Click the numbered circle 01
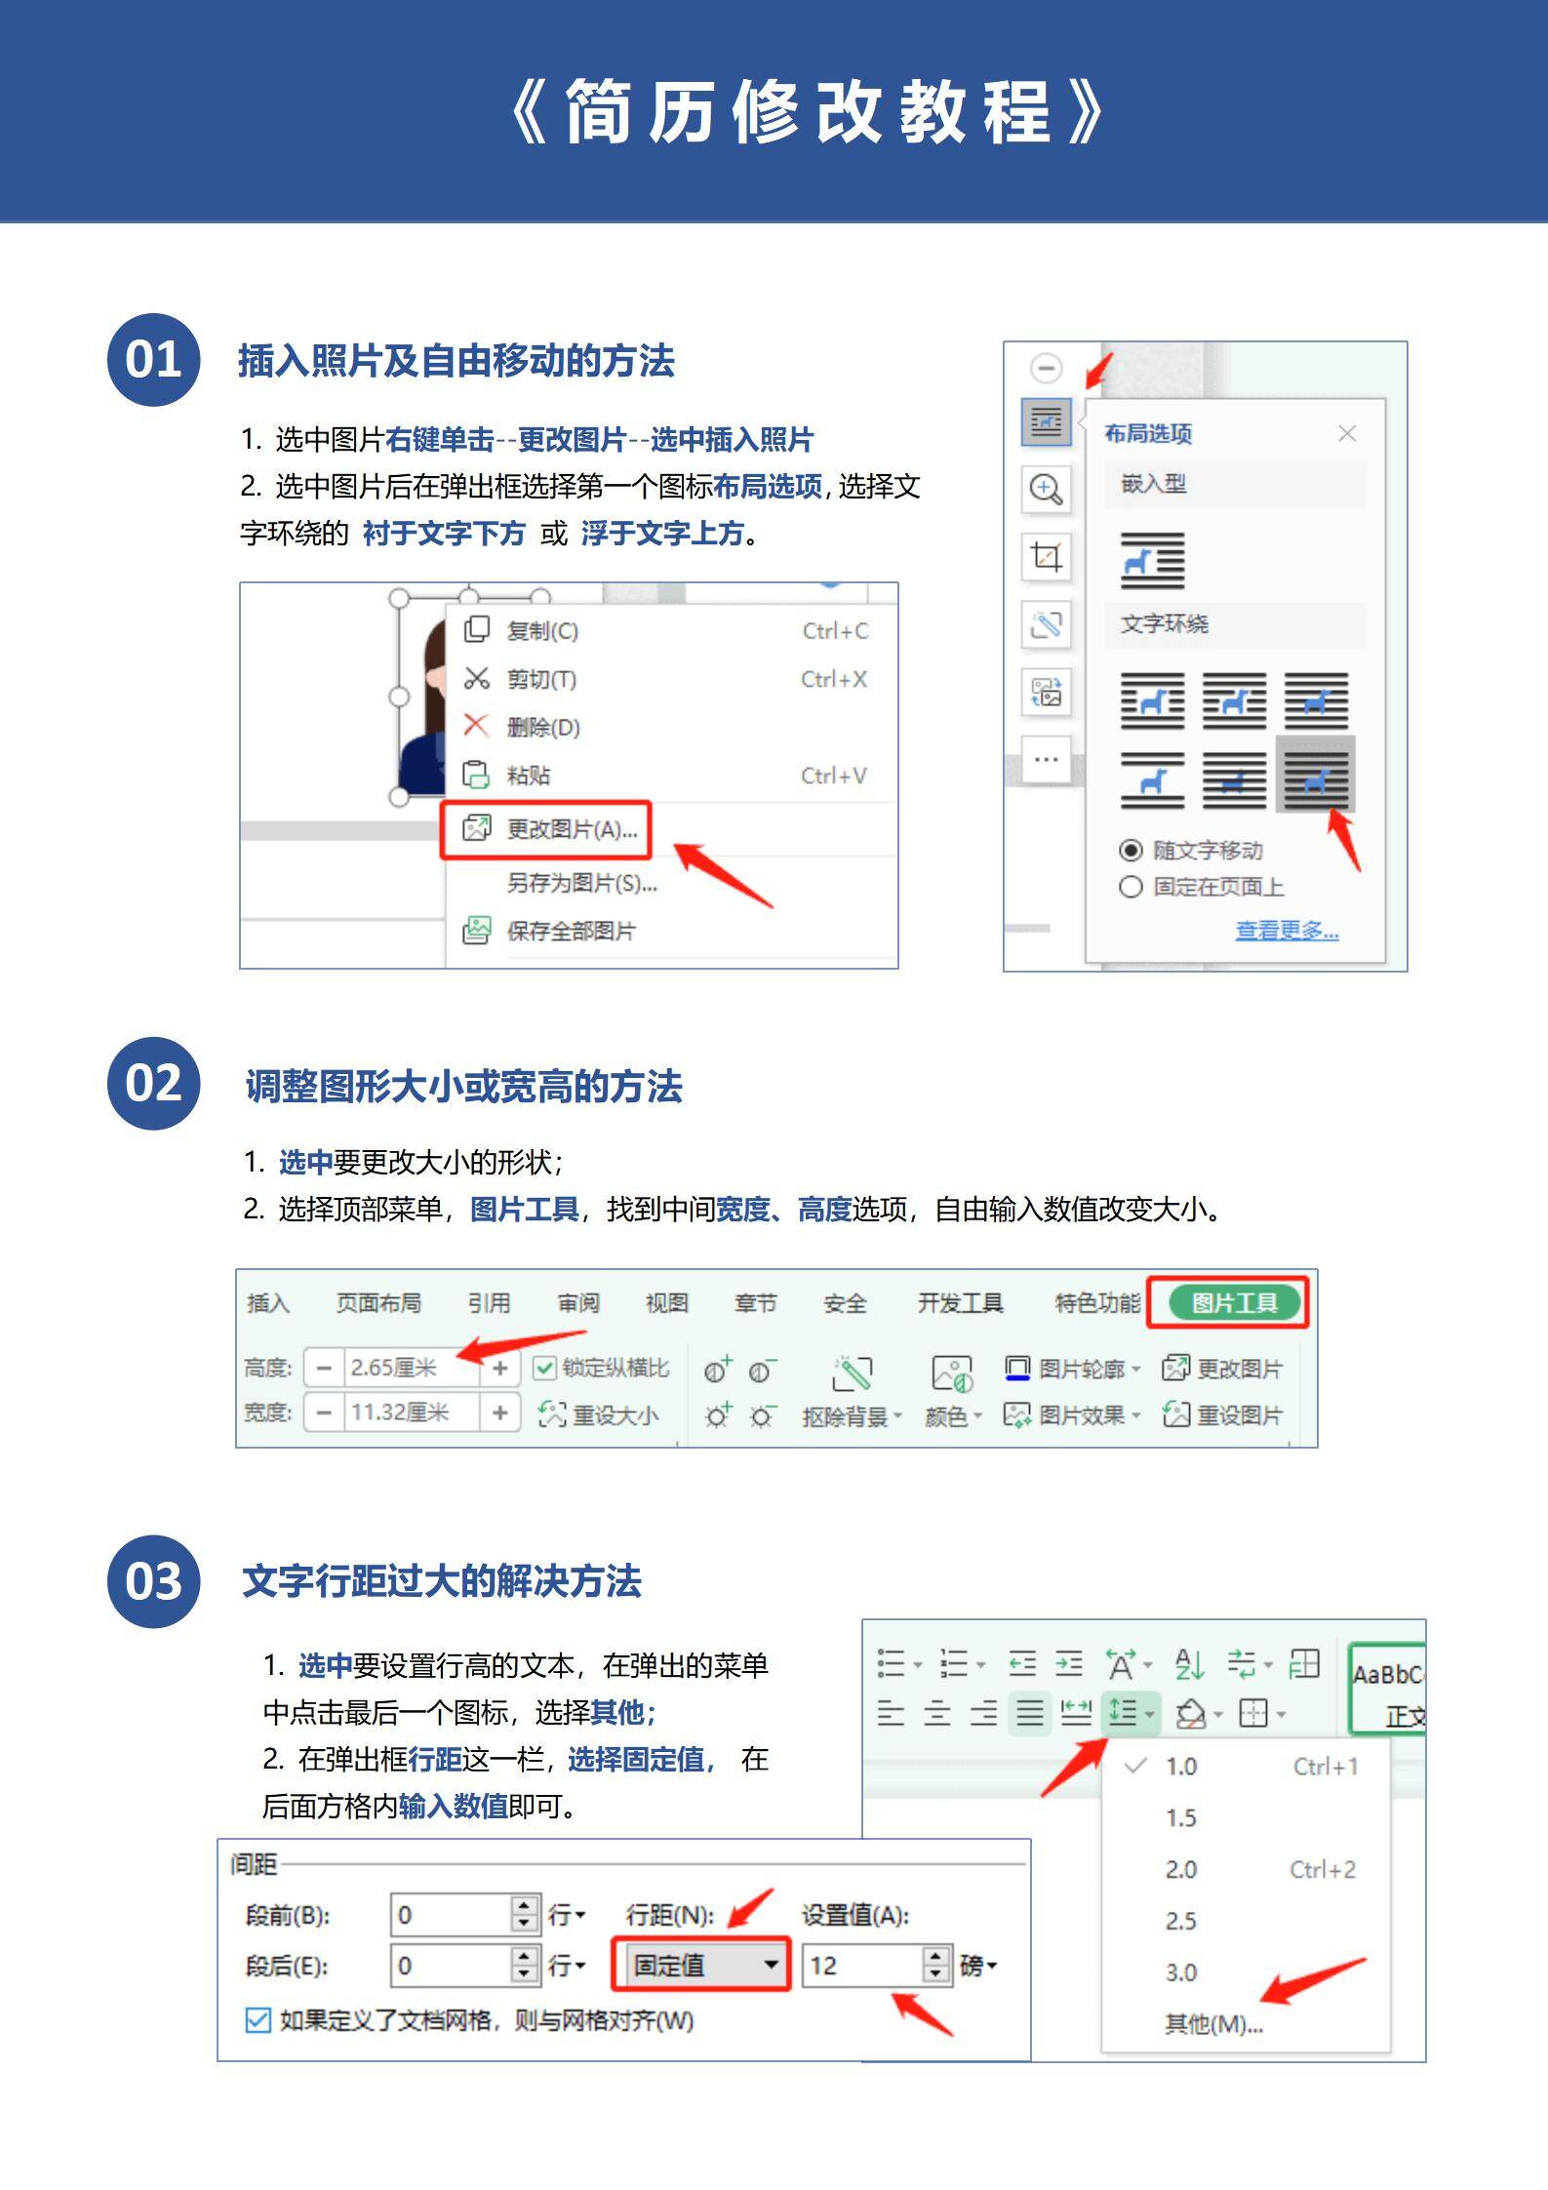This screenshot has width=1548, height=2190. pyautogui.click(x=153, y=360)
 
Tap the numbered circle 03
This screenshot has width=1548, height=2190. pyautogui.click(x=153, y=1580)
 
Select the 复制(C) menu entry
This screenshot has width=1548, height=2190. pyautogui.click(x=542, y=631)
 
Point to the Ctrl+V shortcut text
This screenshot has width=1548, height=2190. pyautogui.click(x=833, y=776)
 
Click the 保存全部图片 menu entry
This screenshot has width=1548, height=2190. pyautogui.click(x=571, y=931)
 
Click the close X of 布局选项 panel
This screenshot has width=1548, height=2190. pyautogui.click(x=1347, y=433)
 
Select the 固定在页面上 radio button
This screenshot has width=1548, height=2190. pyautogui.click(x=1131, y=887)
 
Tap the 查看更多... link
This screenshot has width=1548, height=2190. pyautogui.click(x=1287, y=931)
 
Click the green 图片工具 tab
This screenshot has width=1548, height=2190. pyautogui.click(x=1234, y=1302)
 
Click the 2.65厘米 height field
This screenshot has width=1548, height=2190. pyautogui.click(x=410, y=1368)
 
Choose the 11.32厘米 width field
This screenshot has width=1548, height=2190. pyautogui.click(x=410, y=1413)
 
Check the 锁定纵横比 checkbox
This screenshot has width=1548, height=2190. pyautogui.click(x=544, y=1369)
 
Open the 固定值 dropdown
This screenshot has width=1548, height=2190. pyautogui.click(x=700, y=1964)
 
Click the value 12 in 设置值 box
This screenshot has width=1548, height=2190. pyautogui.click(x=858, y=1965)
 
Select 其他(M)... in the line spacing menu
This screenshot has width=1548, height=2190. pyautogui.click(x=1212, y=2024)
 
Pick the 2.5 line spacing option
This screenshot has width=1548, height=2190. pyautogui.click(x=1180, y=1921)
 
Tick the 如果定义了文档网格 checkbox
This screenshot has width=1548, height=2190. pyautogui.click(x=258, y=2019)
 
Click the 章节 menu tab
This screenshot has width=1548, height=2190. pyautogui.click(x=755, y=1303)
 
